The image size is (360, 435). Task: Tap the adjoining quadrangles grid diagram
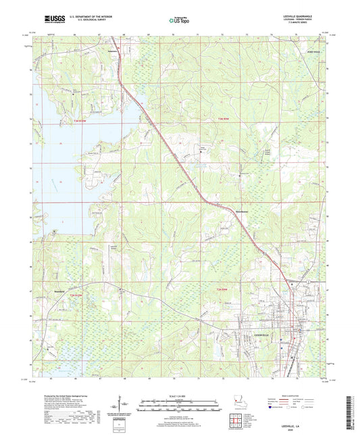pos(236,425)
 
